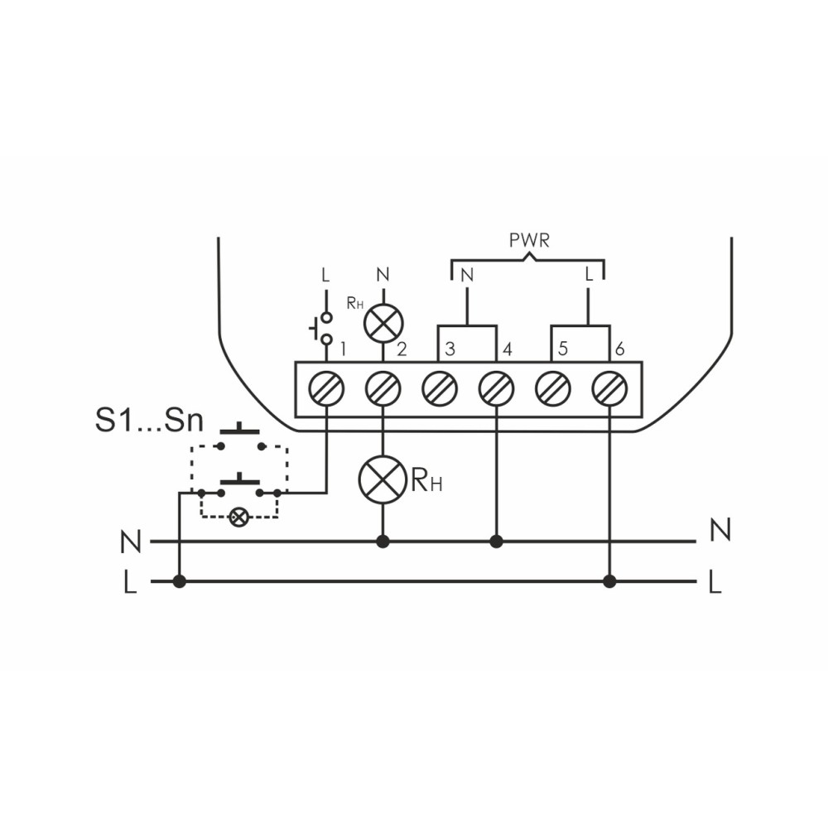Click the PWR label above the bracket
tap(529, 241)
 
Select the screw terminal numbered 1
tap(326, 388)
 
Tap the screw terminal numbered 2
tap(383, 388)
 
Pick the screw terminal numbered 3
tap(440, 388)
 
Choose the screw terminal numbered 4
tap(496, 388)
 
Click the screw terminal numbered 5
tap(553, 388)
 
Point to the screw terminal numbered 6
tap(610, 388)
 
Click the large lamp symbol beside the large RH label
tap(383, 479)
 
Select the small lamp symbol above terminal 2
tap(383, 323)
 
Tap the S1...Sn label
tap(149, 421)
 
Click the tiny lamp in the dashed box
tap(238, 517)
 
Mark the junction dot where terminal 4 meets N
tap(496, 542)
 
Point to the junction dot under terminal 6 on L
tap(610, 582)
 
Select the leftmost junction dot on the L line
tap(180, 582)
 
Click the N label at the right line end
tap(720, 530)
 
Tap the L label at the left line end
tap(130, 583)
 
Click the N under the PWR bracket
tap(467, 275)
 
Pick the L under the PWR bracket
tap(589, 274)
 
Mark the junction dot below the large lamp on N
tap(383, 542)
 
